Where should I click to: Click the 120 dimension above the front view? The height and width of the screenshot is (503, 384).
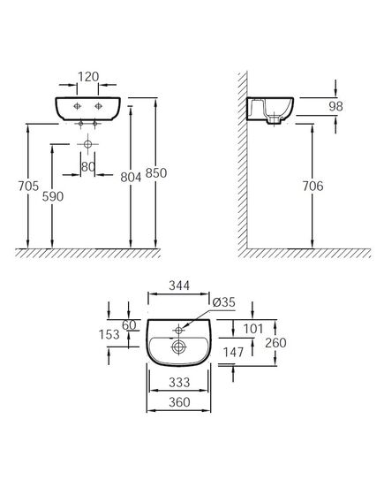(88, 77)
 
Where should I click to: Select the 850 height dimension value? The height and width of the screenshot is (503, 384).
(156, 173)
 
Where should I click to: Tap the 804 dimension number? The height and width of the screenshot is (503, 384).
(131, 177)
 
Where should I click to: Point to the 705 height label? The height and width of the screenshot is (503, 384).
(28, 186)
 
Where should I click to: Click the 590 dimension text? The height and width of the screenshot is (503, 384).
(53, 196)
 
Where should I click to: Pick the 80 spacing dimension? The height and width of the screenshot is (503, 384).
(88, 167)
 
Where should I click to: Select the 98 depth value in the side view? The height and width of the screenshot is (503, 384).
(335, 106)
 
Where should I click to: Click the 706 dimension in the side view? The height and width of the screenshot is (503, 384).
(312, 186)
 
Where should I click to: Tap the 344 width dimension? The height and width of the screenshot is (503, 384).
(179, 286)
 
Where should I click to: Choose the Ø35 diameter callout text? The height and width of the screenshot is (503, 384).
(224, 302)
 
